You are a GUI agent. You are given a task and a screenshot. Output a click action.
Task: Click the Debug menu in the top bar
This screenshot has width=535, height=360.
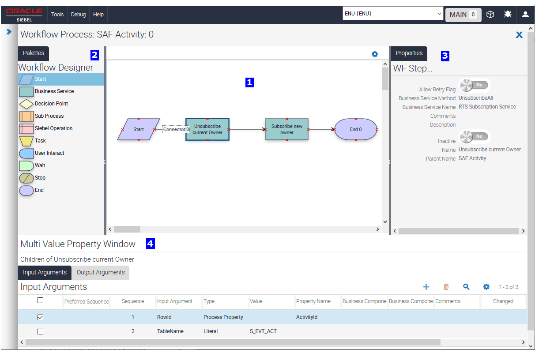(x=78, y=14)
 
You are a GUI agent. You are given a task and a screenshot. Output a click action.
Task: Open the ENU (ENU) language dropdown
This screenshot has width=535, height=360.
(x=393, y=14)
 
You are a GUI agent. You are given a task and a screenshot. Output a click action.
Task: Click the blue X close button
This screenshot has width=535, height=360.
(x=519, y=35)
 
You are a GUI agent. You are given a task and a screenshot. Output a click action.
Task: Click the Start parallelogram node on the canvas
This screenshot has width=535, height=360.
(x=139, y=129)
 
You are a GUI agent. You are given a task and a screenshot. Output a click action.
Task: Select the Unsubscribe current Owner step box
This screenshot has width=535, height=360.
(x=207, y=129)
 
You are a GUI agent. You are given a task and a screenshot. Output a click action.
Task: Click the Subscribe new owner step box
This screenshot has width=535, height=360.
(x=286, y=129)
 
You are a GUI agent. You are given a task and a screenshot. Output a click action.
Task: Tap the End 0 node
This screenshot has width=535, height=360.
(x=356, y=129)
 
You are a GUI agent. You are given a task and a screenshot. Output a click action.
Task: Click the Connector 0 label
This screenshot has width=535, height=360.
(x=176, y=129)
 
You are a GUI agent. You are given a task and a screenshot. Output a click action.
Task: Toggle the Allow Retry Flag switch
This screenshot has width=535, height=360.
(x=474, y=85)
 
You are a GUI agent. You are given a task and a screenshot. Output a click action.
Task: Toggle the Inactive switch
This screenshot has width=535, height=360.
(x=474, y=137)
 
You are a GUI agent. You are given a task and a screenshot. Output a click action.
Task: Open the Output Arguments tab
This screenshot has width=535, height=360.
(x=101, y=272)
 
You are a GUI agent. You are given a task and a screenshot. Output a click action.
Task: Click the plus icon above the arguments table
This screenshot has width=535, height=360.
(x=426, y=287)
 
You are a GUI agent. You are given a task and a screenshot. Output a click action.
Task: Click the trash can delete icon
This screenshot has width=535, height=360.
(x=446, y=287)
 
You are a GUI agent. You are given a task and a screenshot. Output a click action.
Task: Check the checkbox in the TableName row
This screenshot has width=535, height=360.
(x=40, y=331)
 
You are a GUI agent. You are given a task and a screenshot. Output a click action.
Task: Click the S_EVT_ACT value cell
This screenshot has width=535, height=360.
(x=263, y=331)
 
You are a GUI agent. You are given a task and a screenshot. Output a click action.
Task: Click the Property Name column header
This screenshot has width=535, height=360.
(x=313, y=301)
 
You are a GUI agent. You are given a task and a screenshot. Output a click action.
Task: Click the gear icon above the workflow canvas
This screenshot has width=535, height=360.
(x=375, y=54)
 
